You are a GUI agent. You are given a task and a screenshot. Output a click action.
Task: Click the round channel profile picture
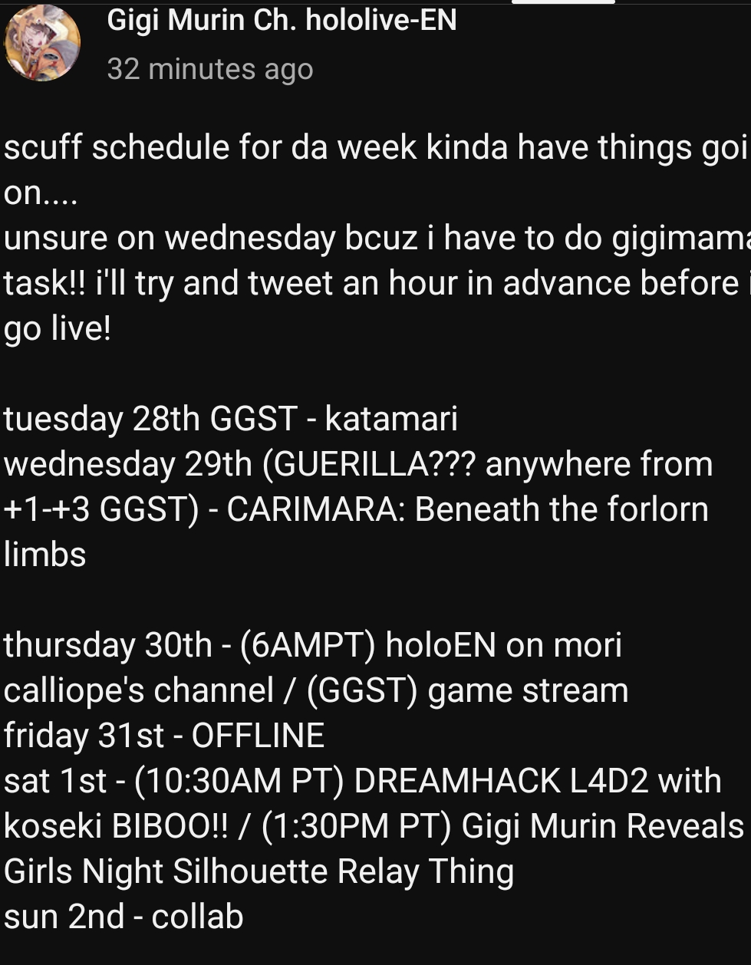tap(42, 43)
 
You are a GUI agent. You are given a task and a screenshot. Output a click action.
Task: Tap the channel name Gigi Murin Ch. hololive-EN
tap(282, 21)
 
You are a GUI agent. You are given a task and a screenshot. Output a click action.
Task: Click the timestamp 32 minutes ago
tap(210, 69)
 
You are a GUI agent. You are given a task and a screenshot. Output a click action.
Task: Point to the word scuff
tap(43, 147)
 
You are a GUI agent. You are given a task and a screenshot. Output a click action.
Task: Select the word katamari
tap(391, 418)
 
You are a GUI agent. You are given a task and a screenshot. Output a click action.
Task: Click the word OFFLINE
tap(258, 736)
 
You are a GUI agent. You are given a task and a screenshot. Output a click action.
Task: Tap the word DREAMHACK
tap(457, 781)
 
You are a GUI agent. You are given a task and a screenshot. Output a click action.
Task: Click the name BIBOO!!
tap(170, 826)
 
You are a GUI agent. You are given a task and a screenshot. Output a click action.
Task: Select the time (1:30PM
tap(325, 827)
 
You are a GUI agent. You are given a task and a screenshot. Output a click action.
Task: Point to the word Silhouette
tap(250, 871)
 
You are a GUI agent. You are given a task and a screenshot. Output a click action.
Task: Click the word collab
tap(198, 916)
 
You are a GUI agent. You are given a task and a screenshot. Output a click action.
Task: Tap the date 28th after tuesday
tap(166, 418)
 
